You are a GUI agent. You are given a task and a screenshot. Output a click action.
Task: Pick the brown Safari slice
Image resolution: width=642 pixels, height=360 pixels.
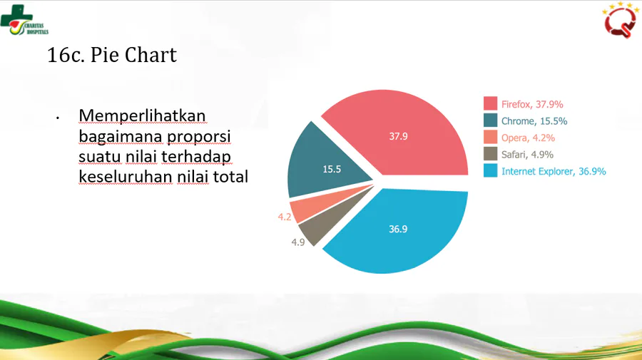point(327,221)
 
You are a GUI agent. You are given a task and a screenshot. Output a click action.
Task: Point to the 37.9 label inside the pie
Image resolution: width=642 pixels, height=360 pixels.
point(398,136)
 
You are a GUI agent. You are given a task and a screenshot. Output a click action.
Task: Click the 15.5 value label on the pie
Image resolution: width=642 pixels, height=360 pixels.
point(332,169)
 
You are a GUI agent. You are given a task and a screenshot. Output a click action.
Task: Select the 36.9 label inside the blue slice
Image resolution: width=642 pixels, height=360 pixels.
point(398,229)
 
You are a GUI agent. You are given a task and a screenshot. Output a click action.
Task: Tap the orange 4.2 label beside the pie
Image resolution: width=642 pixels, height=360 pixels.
point(285,217)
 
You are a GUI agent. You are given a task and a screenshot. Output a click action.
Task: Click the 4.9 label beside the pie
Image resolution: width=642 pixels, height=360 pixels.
point(298,242)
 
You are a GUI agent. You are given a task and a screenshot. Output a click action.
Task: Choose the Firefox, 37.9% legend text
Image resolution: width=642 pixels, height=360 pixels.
point(532,104)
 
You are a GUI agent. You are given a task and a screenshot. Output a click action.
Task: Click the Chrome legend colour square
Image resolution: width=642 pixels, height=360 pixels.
point(490,120)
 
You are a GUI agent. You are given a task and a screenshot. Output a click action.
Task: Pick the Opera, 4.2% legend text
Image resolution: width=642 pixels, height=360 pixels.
point(528,138)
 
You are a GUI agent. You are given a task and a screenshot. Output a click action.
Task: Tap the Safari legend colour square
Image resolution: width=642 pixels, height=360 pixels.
point(490,154)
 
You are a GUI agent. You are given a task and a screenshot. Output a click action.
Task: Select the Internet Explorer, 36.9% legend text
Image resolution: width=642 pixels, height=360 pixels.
point(554,171)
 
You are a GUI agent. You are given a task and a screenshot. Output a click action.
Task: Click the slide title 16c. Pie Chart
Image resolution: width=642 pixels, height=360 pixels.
point(112,55)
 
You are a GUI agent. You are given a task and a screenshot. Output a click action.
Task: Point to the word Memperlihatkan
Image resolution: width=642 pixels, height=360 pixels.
point(142,115)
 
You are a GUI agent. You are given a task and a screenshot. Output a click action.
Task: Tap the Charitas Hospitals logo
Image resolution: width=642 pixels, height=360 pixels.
point(24,21)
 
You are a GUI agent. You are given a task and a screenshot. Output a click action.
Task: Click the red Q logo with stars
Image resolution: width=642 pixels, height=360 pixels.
point(621,20)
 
